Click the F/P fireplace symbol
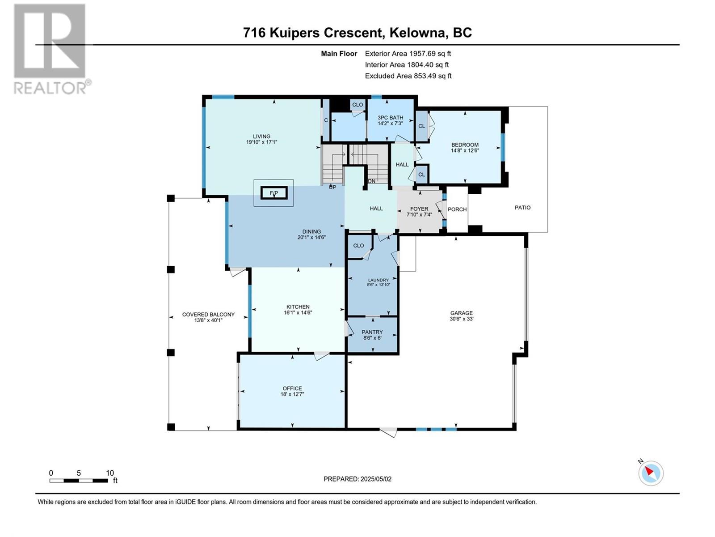click(273, 193)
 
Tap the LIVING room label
click(261, 136)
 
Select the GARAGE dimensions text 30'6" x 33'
click(461, 319)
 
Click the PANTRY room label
click(372, 332)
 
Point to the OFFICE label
click(292, 388)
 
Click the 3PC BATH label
click(390, 118)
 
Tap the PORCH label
click(457, 209)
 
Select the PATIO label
click(522, 208)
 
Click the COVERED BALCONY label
click(208, 315)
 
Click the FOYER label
click(419, 209)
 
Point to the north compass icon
click(651, 473)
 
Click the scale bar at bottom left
click(79, 481)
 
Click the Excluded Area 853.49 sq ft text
click(408, 76)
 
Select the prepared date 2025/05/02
click(375, 479)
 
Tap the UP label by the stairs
click(332, 187)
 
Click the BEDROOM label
click(465, 145)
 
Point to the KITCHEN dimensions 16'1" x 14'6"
click(298, 313)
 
